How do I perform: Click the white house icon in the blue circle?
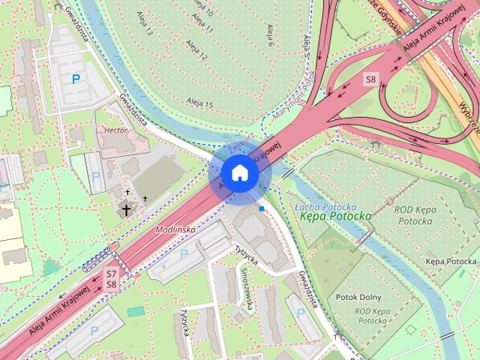239,172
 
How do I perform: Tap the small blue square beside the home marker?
261,208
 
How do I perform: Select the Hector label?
117,130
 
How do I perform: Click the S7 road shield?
111,274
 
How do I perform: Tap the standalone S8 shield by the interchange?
370,78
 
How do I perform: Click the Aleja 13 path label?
144,28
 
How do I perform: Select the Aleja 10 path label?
203,10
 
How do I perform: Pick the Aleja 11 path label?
203,28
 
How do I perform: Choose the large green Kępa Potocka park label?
335,216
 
